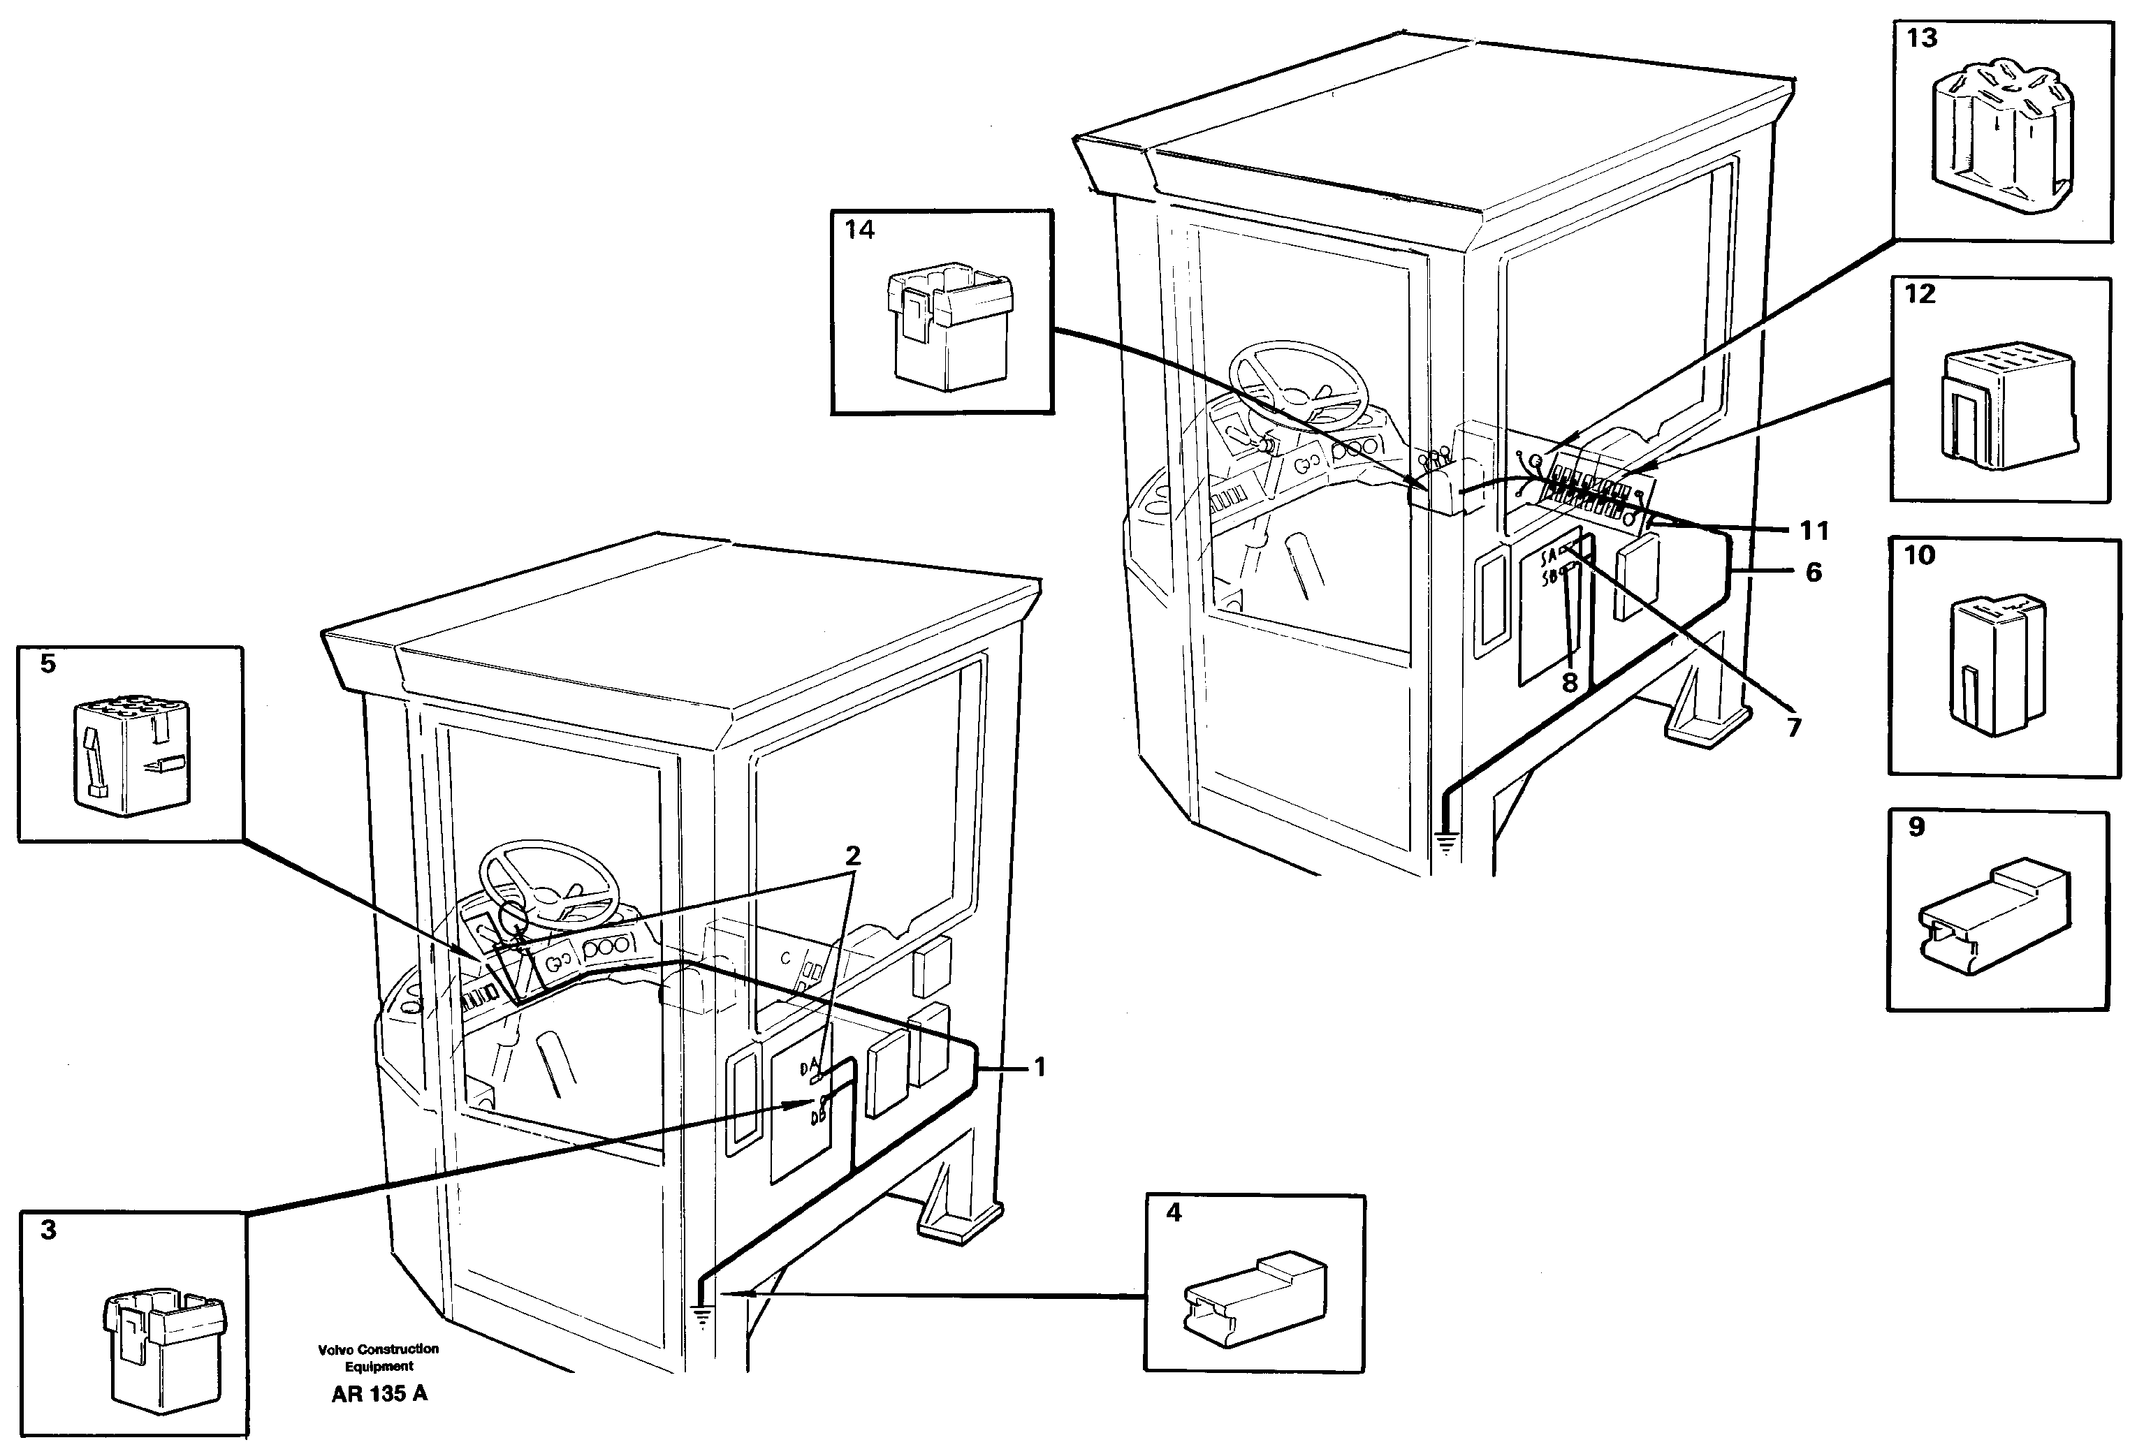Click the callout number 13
(1922, 38)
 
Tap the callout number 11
(1814, 531)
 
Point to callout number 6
(1814, 572)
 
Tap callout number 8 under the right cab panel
(1570, 682)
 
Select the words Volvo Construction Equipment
(378, 1357)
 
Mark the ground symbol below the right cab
(1446, 842)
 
